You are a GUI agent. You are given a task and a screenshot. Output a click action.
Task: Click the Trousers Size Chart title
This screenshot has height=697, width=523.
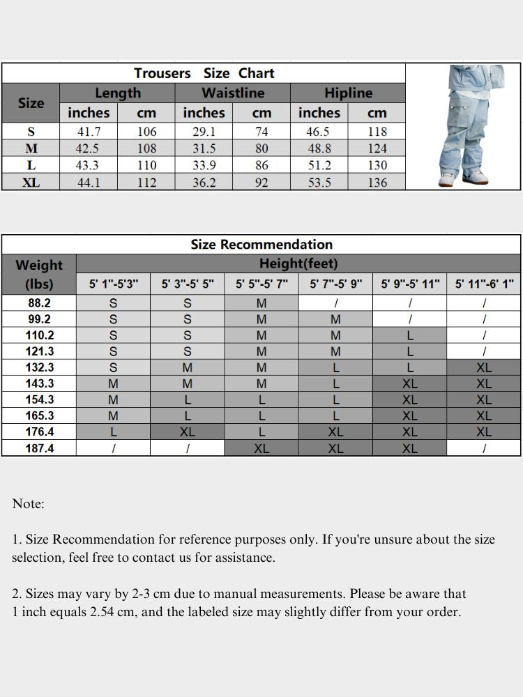click(x=204, y=73)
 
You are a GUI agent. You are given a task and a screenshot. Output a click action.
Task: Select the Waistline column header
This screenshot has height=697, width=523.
click(x=233, y=93)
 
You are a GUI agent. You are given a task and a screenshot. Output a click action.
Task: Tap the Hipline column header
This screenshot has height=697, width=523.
click(x=348, y=93)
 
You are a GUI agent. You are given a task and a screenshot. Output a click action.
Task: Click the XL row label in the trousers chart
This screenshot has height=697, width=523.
click(x=31, y=182)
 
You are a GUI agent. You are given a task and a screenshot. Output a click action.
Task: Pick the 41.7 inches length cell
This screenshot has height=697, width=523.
click(x=88, y=131)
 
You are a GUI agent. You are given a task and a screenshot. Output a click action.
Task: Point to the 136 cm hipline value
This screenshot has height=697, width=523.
click(x=377, y=182)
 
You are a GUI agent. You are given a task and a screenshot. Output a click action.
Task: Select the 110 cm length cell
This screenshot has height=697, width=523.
click(x=146, y=165)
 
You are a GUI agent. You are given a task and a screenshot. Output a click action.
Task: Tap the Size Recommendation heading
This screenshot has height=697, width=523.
click(x=261, y=245)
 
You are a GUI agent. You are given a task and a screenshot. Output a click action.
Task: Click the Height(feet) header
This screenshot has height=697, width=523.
click(x=298, y=263)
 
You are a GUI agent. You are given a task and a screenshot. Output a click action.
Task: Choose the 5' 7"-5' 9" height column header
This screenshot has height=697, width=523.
click(x=335, y=284)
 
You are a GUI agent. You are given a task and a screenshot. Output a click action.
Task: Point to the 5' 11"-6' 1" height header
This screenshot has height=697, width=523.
click(x=484, y=284)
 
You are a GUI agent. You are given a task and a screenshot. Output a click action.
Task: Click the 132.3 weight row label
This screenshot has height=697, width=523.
click(x=39, y=367)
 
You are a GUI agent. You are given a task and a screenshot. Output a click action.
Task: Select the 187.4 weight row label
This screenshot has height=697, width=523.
click(x=39, y=448)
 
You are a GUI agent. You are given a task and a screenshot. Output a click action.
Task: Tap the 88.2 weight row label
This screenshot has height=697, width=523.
click(x=39, y=303)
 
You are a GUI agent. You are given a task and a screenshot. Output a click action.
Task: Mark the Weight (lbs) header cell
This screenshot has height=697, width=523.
click(x=39, y=275)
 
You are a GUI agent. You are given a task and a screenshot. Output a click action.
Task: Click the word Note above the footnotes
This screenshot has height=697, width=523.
click(x=28, y=504)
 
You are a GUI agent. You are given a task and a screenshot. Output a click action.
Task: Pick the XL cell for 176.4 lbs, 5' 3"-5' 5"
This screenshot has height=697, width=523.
click(x=188, y=432)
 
